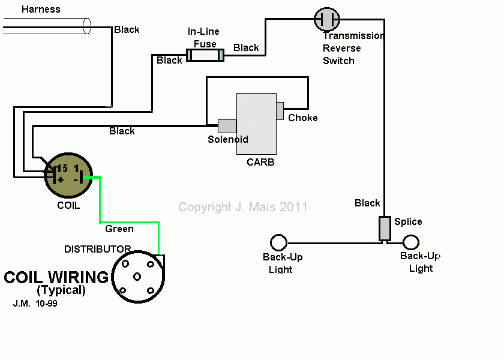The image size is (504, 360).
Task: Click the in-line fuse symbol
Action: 205,55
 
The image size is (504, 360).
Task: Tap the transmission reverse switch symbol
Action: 327,19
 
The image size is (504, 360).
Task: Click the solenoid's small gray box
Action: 227,126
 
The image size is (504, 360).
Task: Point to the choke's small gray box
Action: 280,111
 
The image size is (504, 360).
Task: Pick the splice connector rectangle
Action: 385,229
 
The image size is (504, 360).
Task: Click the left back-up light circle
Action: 278,242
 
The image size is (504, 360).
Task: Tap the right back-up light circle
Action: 410,242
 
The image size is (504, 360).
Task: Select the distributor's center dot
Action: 138,277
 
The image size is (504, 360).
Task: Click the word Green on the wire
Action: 119,229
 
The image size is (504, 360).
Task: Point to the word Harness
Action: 41,9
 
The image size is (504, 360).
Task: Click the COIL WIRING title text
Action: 56,278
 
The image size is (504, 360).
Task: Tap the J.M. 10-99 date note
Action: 35,304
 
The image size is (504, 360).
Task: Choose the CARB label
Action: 260,162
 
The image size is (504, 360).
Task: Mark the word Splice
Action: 408,221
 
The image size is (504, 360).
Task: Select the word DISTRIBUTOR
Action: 97,249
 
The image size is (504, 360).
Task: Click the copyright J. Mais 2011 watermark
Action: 243,207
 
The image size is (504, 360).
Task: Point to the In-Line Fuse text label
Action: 204,37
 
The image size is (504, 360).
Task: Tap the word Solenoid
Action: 228,140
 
